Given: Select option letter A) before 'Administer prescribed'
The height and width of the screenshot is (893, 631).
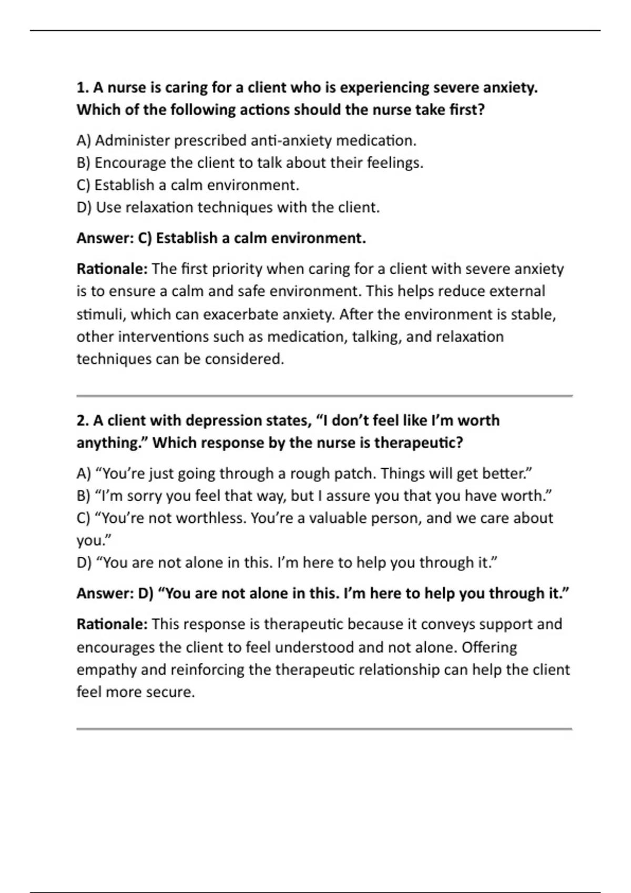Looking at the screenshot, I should coord(84,141).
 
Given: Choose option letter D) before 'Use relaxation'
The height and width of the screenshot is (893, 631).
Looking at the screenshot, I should coord(84,207).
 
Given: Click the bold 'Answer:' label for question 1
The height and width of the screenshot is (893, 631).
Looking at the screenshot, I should coord(105,238).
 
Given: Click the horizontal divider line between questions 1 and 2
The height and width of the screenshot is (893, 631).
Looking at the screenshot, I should coord(324,396).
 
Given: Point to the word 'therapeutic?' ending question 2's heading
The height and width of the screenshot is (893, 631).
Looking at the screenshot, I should coord(418,443).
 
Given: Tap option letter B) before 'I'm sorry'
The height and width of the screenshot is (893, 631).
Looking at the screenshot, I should coord(84,496).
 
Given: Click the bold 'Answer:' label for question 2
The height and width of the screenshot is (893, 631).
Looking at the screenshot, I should coord(105,594).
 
